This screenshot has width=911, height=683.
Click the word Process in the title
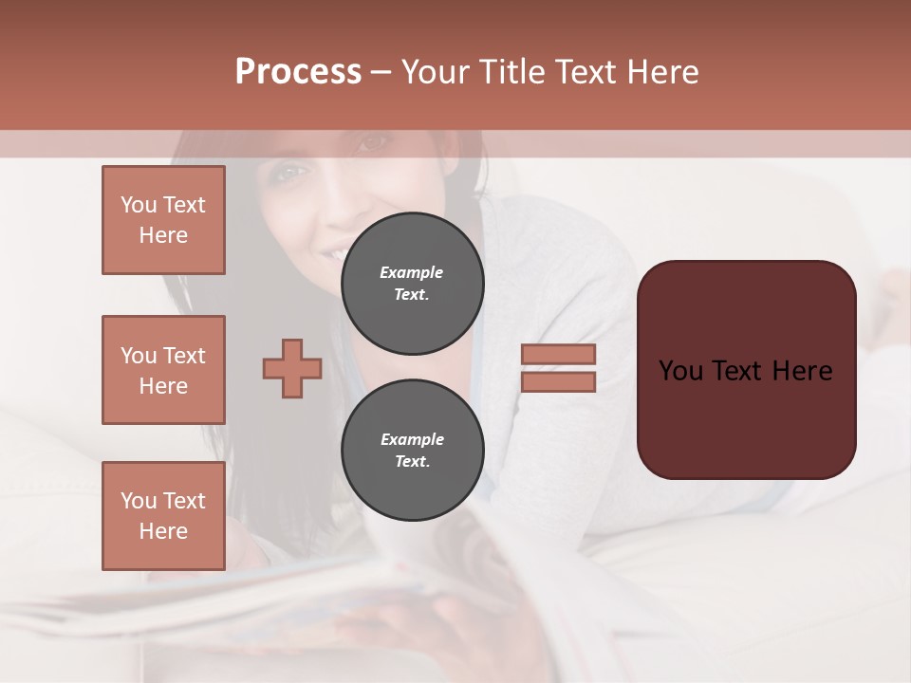298,72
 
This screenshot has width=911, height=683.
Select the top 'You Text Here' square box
163,220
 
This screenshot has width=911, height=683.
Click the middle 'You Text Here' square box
163,370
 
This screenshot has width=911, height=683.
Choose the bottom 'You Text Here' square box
163,516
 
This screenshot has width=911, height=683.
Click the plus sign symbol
292,368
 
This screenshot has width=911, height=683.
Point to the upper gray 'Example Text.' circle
412,284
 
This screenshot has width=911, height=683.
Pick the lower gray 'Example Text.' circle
412,451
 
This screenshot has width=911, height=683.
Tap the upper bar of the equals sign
558,354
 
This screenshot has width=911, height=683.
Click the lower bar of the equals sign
558,381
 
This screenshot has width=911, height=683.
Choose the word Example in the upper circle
412,272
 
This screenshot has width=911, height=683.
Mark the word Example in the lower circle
412,439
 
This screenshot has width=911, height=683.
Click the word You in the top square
139,205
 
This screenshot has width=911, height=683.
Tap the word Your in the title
437,72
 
